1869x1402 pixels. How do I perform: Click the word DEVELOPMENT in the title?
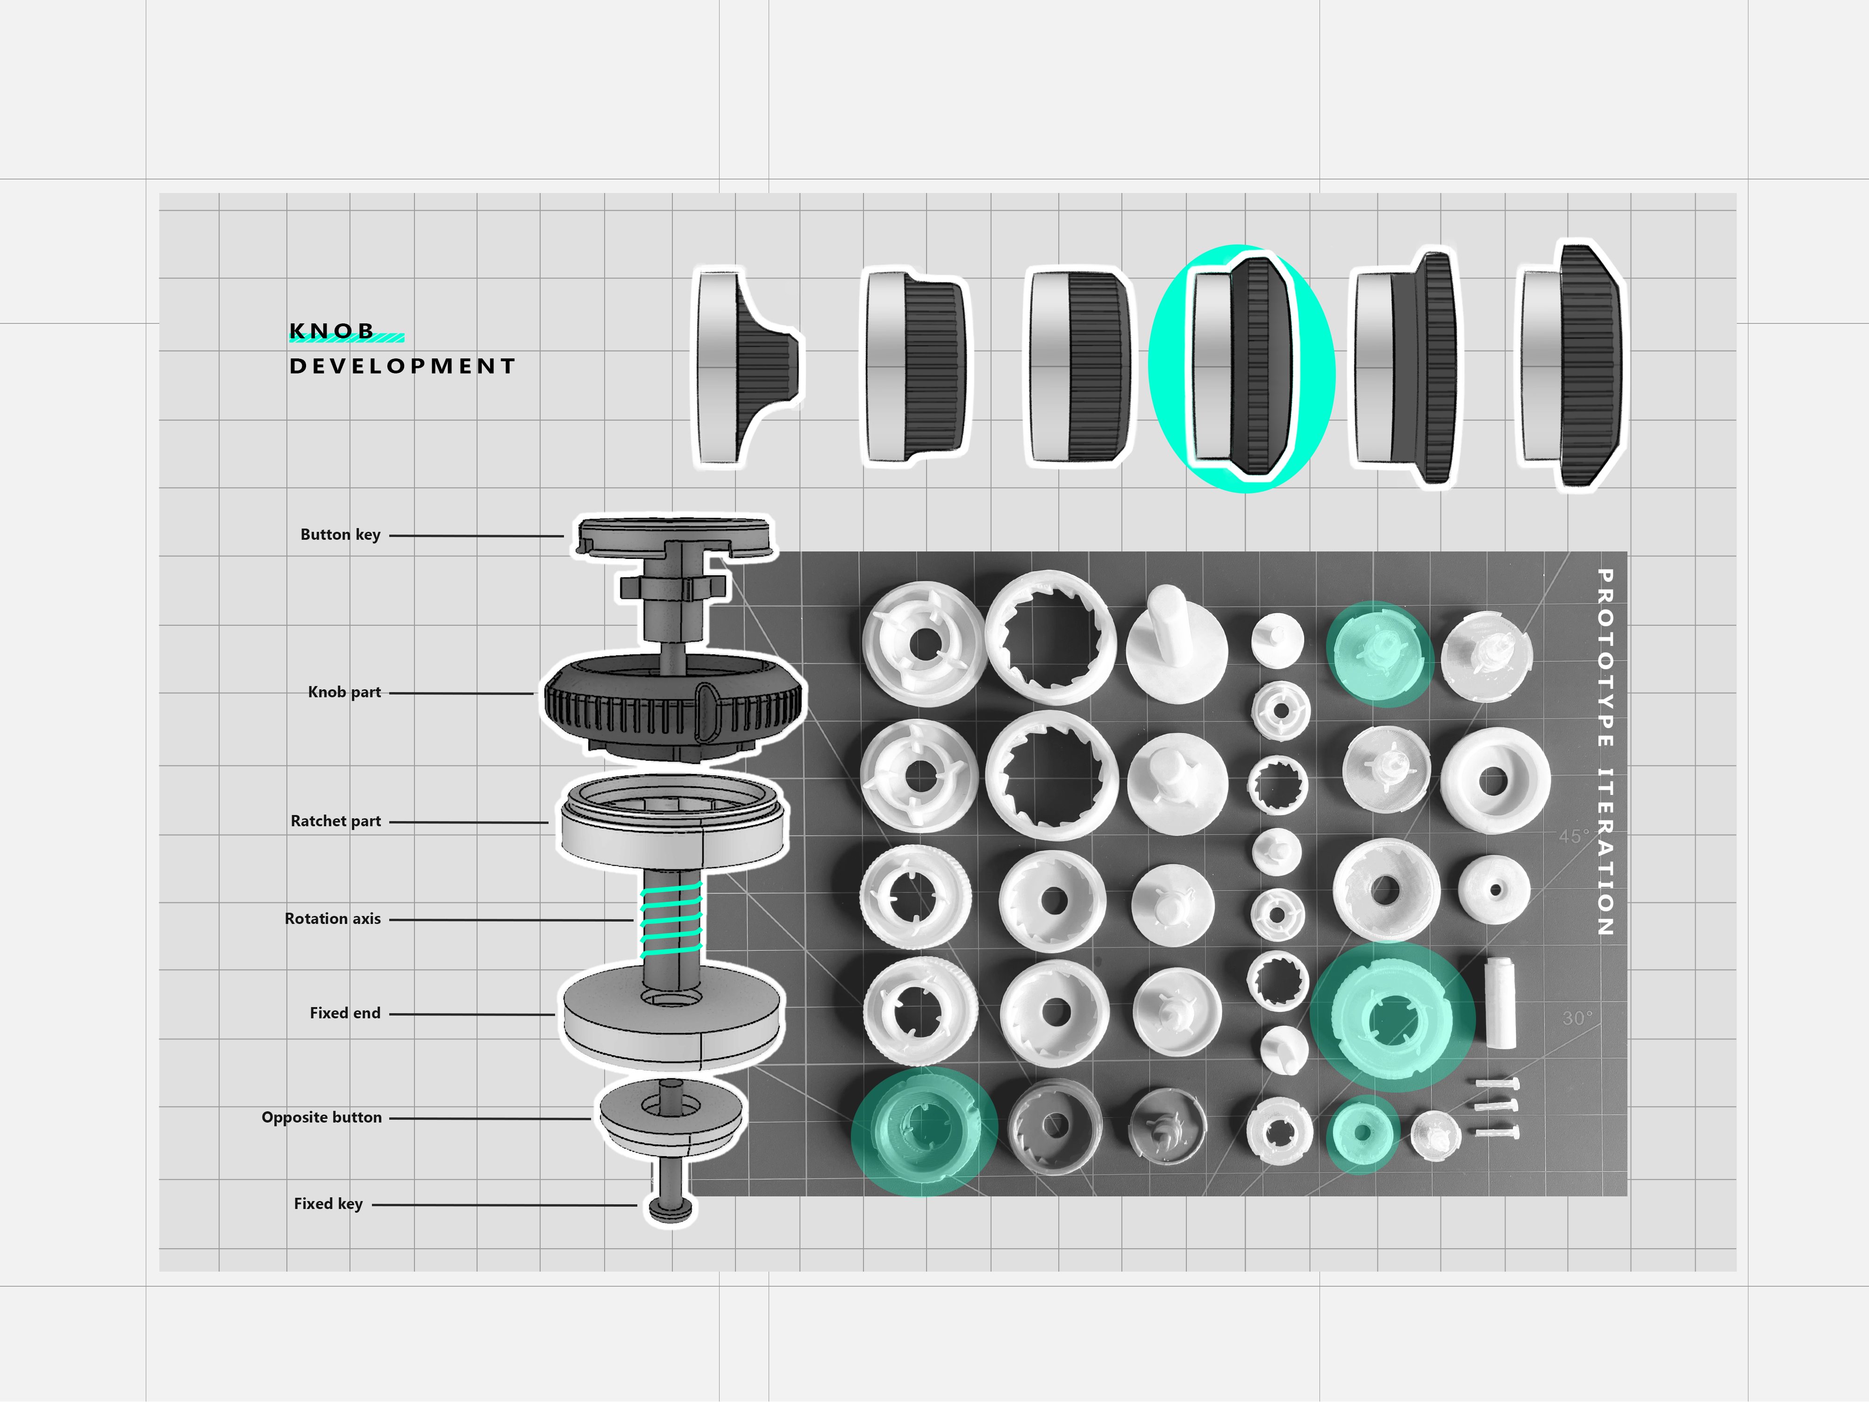402,366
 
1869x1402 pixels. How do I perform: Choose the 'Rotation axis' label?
332,919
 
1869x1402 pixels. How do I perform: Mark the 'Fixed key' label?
328,1203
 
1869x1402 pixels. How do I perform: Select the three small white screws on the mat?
1497,1107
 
